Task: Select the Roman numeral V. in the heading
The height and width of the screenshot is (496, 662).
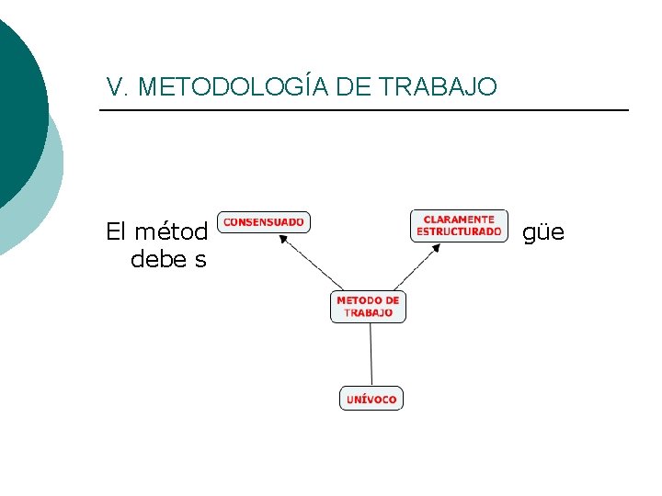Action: [x=116, y=87]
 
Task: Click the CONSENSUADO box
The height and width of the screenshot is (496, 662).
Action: [x=264, y=222]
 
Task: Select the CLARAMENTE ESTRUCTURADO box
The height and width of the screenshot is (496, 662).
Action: [x=459, y=226]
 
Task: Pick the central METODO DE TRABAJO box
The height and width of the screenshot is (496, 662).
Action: [x=368, y=307]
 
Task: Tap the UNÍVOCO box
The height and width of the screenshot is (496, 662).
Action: [x=371, y=399]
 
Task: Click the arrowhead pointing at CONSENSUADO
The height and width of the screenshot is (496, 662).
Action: [x=284, y=238]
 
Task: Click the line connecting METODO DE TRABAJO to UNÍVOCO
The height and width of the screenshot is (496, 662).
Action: [x=371, y=354]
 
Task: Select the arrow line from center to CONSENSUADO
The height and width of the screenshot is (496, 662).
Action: [x=313, y=264]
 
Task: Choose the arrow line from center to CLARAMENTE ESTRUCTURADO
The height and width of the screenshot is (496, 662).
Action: [x=414, y=268]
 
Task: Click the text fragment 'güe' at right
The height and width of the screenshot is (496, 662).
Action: [x=543, y=233]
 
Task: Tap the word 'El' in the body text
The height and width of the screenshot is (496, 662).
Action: [x=116, y=231]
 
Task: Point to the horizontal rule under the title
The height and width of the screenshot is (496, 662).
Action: [x=363, y=110]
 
